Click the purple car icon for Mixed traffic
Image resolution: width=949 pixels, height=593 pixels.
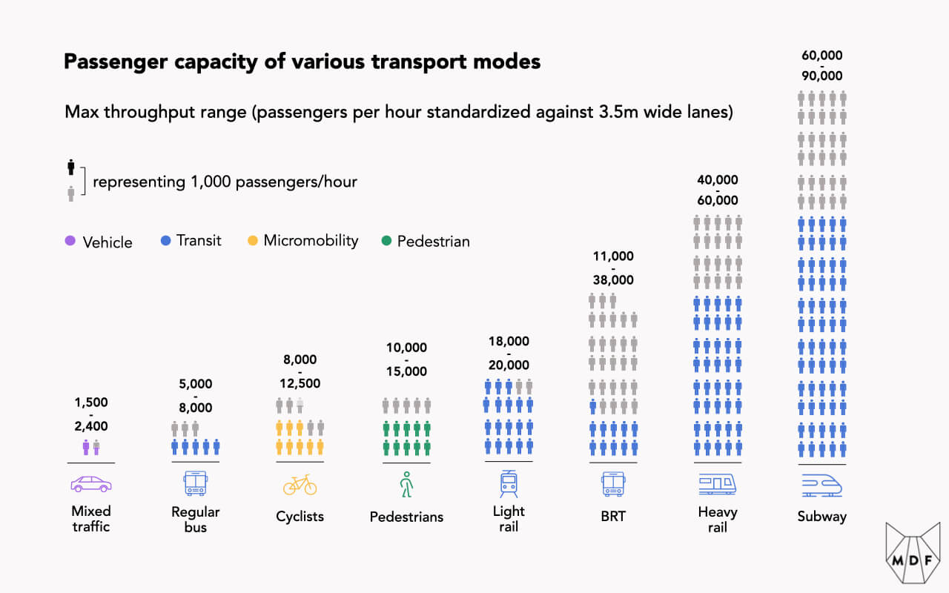pos(91,485)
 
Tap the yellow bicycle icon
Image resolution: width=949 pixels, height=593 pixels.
pos(300,485)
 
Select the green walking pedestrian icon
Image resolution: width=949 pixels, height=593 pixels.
pos(406,485)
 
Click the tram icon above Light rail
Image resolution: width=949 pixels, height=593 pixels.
pos(509,483)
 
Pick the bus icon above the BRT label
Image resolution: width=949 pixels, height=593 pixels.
pos(613,484)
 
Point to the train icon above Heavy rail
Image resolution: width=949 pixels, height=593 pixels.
pos(718,485)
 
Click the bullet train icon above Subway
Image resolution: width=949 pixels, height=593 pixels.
pos(822,485)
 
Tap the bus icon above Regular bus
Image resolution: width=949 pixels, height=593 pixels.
pos(196,484)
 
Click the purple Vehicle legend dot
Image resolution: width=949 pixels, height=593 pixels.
pos(70,241)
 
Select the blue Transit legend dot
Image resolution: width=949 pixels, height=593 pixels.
pos(166,240)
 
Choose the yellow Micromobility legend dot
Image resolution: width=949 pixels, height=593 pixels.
pos(253,240)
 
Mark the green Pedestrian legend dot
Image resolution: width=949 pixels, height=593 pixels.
pos(386,240)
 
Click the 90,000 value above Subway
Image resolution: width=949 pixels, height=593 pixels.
pos(822,76)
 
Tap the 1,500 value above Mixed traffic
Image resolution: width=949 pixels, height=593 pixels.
pos(91,402)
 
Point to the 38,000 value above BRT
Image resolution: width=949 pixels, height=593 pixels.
pos(613,280)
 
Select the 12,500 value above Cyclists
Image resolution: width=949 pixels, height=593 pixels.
pos(300,383)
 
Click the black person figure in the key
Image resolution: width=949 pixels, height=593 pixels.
pos(71,167)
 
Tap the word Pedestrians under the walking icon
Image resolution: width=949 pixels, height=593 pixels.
pos(406,517)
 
